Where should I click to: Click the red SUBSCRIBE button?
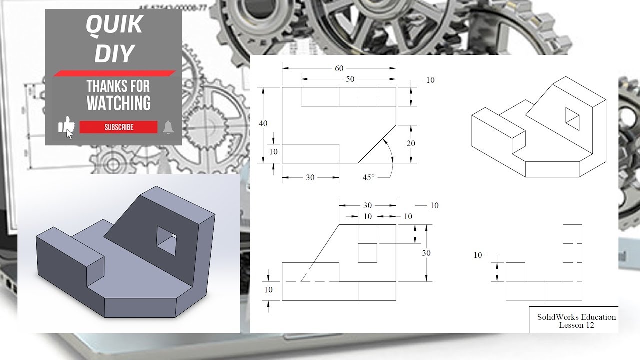click(119, 127)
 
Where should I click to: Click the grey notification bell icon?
click(168, 127)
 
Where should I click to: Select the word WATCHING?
click(119, 103)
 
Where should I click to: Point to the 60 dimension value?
click(339, 68)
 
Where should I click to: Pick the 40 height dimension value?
click(263, 123)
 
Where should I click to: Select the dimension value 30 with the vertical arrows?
click(426, 253)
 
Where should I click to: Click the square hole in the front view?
click(367, 253)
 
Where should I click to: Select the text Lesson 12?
click(576, 325)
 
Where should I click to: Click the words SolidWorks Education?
click(576, 317)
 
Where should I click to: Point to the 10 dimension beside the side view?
click(478, 255)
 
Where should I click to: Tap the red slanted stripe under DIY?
click(114, 73)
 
